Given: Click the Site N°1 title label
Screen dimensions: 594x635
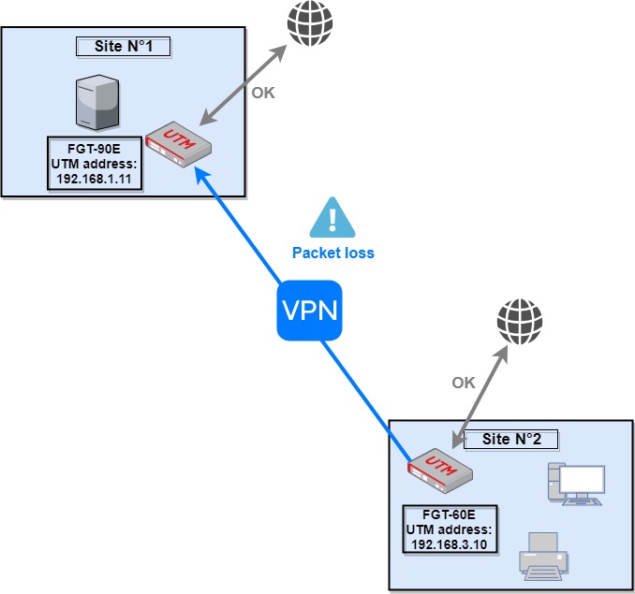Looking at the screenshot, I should (125, 46).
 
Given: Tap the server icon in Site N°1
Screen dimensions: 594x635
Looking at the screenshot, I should (97, 105).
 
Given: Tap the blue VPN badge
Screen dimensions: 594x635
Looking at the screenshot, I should (308, 310).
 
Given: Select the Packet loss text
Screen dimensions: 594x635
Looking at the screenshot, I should (333, 253).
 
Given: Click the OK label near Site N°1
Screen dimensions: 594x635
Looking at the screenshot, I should (264, 93).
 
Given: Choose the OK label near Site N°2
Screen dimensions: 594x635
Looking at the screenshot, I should (464, 382).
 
